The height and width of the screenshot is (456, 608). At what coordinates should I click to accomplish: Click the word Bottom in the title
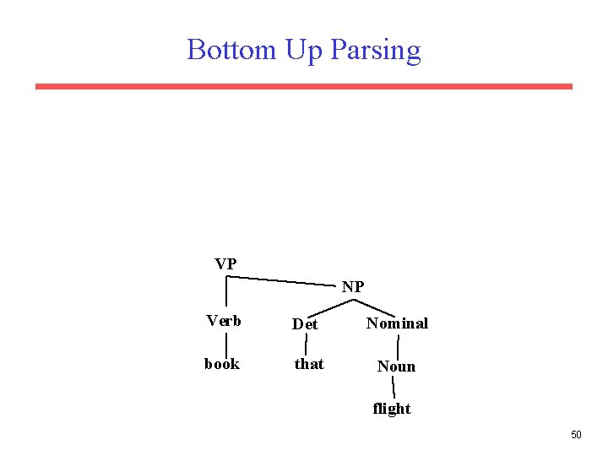click(x=231, y=50)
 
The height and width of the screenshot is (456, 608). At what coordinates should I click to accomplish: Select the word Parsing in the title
click(x=375, y=51)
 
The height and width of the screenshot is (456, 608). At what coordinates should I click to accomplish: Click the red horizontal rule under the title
click(x=304, y=86)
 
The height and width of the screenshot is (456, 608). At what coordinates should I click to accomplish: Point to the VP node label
click(x=225, y=264)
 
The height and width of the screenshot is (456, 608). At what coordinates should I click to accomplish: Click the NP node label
click(x=353, y=287)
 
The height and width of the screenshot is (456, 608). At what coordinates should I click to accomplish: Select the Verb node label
click(x=224, y=321)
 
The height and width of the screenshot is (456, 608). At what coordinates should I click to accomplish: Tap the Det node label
click(x=305, y=324)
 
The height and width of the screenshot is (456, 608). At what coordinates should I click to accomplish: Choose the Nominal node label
click(x=397, y=323)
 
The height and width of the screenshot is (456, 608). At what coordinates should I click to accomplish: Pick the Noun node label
click(x=396, y=366)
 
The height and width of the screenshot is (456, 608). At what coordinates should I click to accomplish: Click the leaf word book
click(x=222, y=364)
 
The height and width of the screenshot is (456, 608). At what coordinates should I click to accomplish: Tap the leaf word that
click(x=308, y=364)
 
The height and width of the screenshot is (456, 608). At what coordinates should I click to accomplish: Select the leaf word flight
click(x=392, y=409)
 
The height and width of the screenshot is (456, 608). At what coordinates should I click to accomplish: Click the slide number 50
click(x=576, y=435)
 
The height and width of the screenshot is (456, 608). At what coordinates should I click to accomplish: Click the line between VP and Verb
click(x=226, y=291)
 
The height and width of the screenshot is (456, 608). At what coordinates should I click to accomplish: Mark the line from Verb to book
click(x=226, y=344)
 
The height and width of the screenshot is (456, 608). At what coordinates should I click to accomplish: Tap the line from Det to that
click(x=306, y=344)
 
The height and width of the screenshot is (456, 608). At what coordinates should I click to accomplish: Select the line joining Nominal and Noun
click(x=398, y=345)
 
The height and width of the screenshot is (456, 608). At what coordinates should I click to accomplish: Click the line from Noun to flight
click(x=394, y=388)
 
